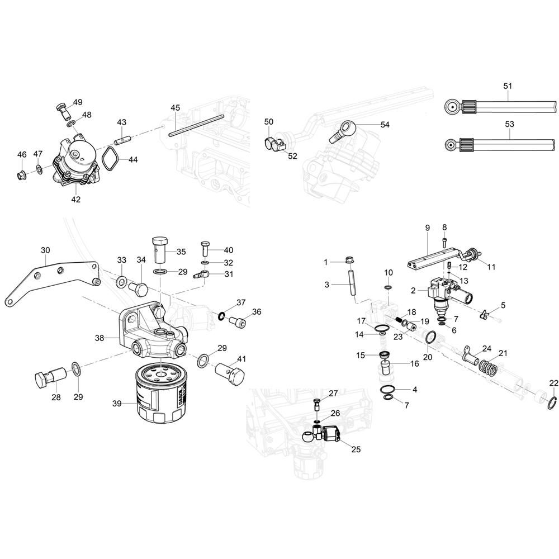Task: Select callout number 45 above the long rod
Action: coord(175,108)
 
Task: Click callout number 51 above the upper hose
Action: coord(508,86)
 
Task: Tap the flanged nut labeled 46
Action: coord(22,176)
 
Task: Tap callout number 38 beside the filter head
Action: coord(99,337)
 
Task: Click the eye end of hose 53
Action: coord(451,145)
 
